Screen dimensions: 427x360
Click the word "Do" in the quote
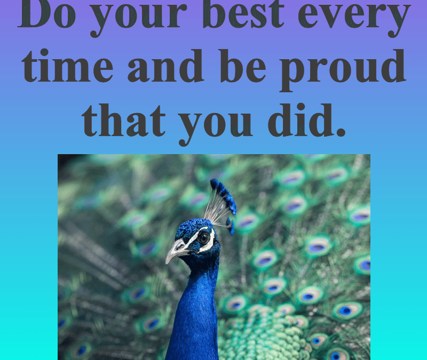pyautogui.click(x=46, y=14)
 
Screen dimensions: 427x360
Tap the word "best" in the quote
pyautogui.click(x=243, y=14)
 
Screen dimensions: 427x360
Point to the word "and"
pyautogui.click(x=165, y=66)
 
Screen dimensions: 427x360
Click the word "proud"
pyautogui.click(x=343, y=70)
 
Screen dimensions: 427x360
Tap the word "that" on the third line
pyautogui.click(x=124, y=120)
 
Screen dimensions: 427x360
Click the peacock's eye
pyautogui.click(x=203, y=238)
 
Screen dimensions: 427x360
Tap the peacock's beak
pyautogui.click(x=176, y=250)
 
